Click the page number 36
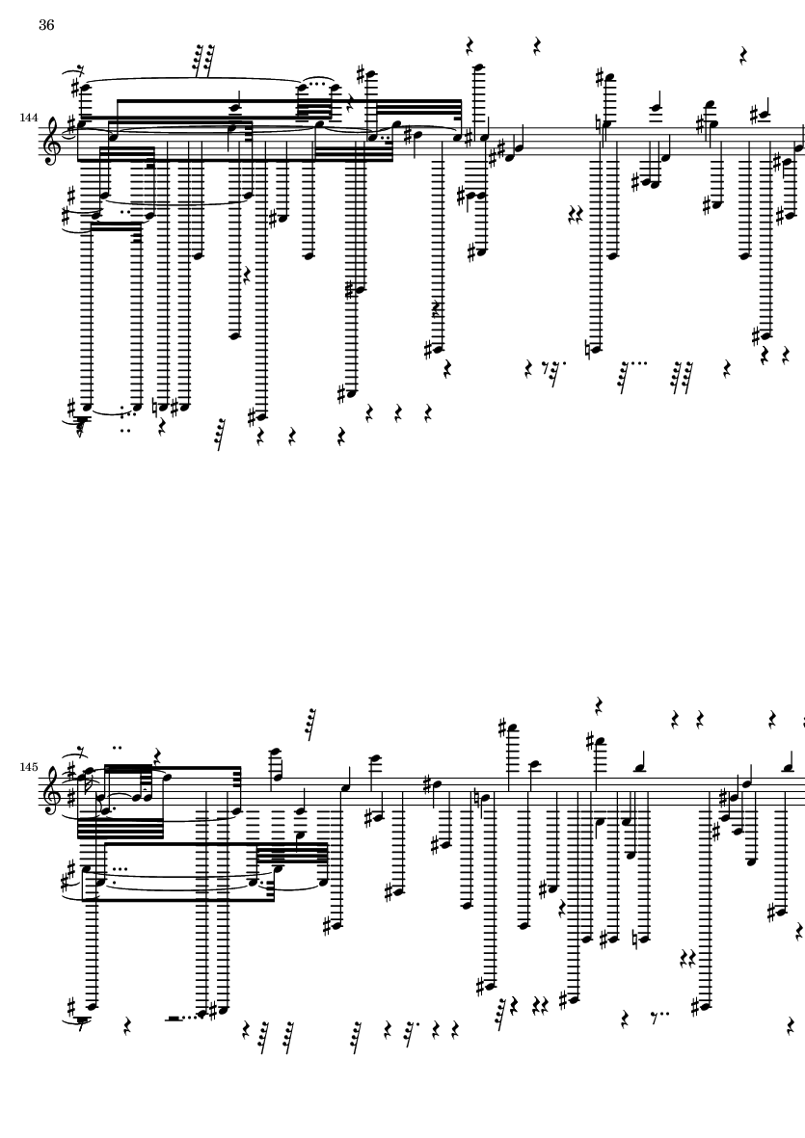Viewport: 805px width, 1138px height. [x=46, y=25]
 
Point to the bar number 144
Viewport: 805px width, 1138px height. [x=29, y=118]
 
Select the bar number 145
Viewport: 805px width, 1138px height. [x=29, y=767]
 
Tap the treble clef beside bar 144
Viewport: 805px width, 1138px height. [x=49, y=136]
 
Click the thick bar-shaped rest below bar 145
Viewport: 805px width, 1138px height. [x=174, y=1019]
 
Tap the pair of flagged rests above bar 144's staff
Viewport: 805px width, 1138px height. [x=204, y=60]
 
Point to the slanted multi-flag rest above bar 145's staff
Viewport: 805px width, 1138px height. [x=310, y=724]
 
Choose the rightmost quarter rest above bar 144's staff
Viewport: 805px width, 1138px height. [x=743, y=55]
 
